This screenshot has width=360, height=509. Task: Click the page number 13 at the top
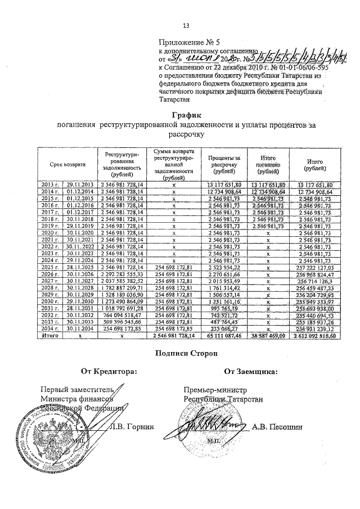click(x=186, y=25)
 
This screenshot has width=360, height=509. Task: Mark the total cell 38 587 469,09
click(x=268, y=336)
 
